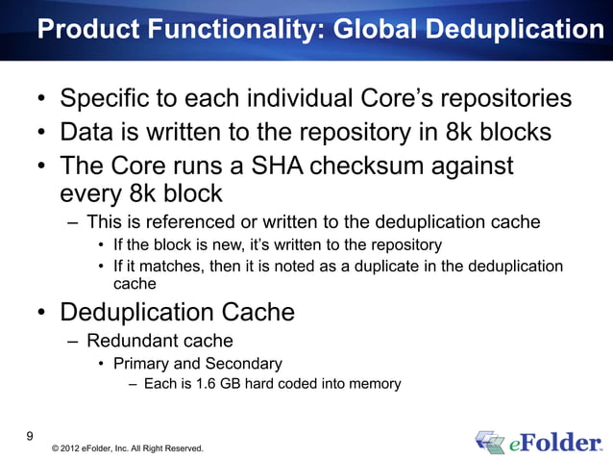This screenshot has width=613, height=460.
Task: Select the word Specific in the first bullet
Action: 105,99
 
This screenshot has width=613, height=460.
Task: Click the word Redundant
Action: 132,340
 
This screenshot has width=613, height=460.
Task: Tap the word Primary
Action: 140,364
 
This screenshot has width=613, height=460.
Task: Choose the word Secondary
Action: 243,364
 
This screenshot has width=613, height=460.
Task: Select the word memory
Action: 371,385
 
